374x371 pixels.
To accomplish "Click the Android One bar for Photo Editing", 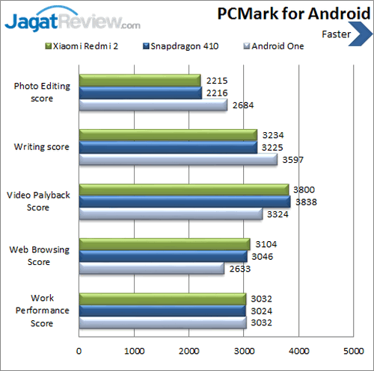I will coord(153,105).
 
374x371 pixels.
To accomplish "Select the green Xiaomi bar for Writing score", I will coord(168,135).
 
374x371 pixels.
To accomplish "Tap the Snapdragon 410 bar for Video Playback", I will coord(184,202).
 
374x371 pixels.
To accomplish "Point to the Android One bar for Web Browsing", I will coord(151,268).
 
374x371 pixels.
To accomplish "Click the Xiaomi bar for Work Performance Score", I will coord(162,299).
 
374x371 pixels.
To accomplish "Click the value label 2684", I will coord(242,105).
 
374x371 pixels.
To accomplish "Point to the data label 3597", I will coord(292,160).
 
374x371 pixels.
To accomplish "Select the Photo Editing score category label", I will coord(42,92).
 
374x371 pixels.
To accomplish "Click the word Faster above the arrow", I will coord(338,34).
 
